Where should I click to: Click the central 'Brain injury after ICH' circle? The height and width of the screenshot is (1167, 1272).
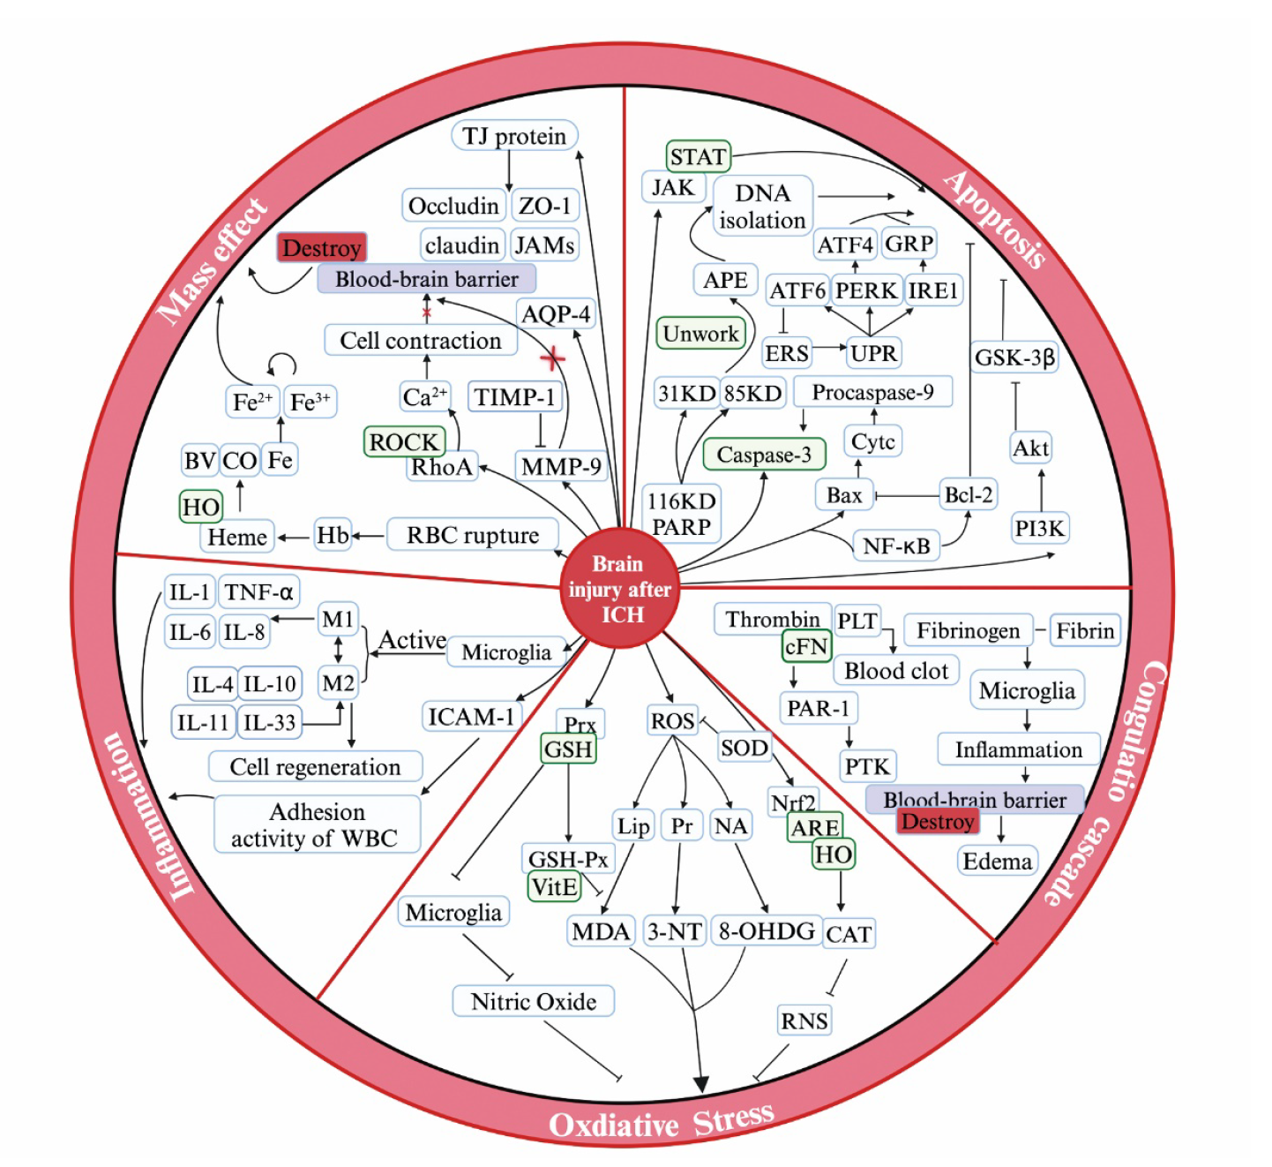(619, 589)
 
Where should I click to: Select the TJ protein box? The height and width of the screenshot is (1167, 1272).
(515, 136)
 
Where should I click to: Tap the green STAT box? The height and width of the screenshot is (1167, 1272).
(698, 157)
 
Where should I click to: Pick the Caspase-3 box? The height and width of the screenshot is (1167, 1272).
(764, 455)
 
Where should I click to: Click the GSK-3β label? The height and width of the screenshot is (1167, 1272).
(1014, 358)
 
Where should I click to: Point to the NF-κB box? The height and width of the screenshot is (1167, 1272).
(896, 546)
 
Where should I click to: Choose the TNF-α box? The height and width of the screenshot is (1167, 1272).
(258, 591)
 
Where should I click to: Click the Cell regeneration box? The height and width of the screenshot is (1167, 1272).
(315, 767)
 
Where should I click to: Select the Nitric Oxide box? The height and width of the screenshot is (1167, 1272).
(533, 1002)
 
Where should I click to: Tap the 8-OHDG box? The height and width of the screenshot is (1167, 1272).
(766, 931)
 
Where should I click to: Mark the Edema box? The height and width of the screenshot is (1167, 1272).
(997, 861)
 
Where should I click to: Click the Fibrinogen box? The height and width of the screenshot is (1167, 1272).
(968, 630)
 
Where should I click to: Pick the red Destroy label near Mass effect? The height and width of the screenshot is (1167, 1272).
(321, 248)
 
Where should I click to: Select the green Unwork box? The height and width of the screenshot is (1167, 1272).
(700, 334)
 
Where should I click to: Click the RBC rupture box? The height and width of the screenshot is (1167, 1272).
(472, 535)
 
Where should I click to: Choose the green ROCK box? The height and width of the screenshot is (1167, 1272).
(403, 441)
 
